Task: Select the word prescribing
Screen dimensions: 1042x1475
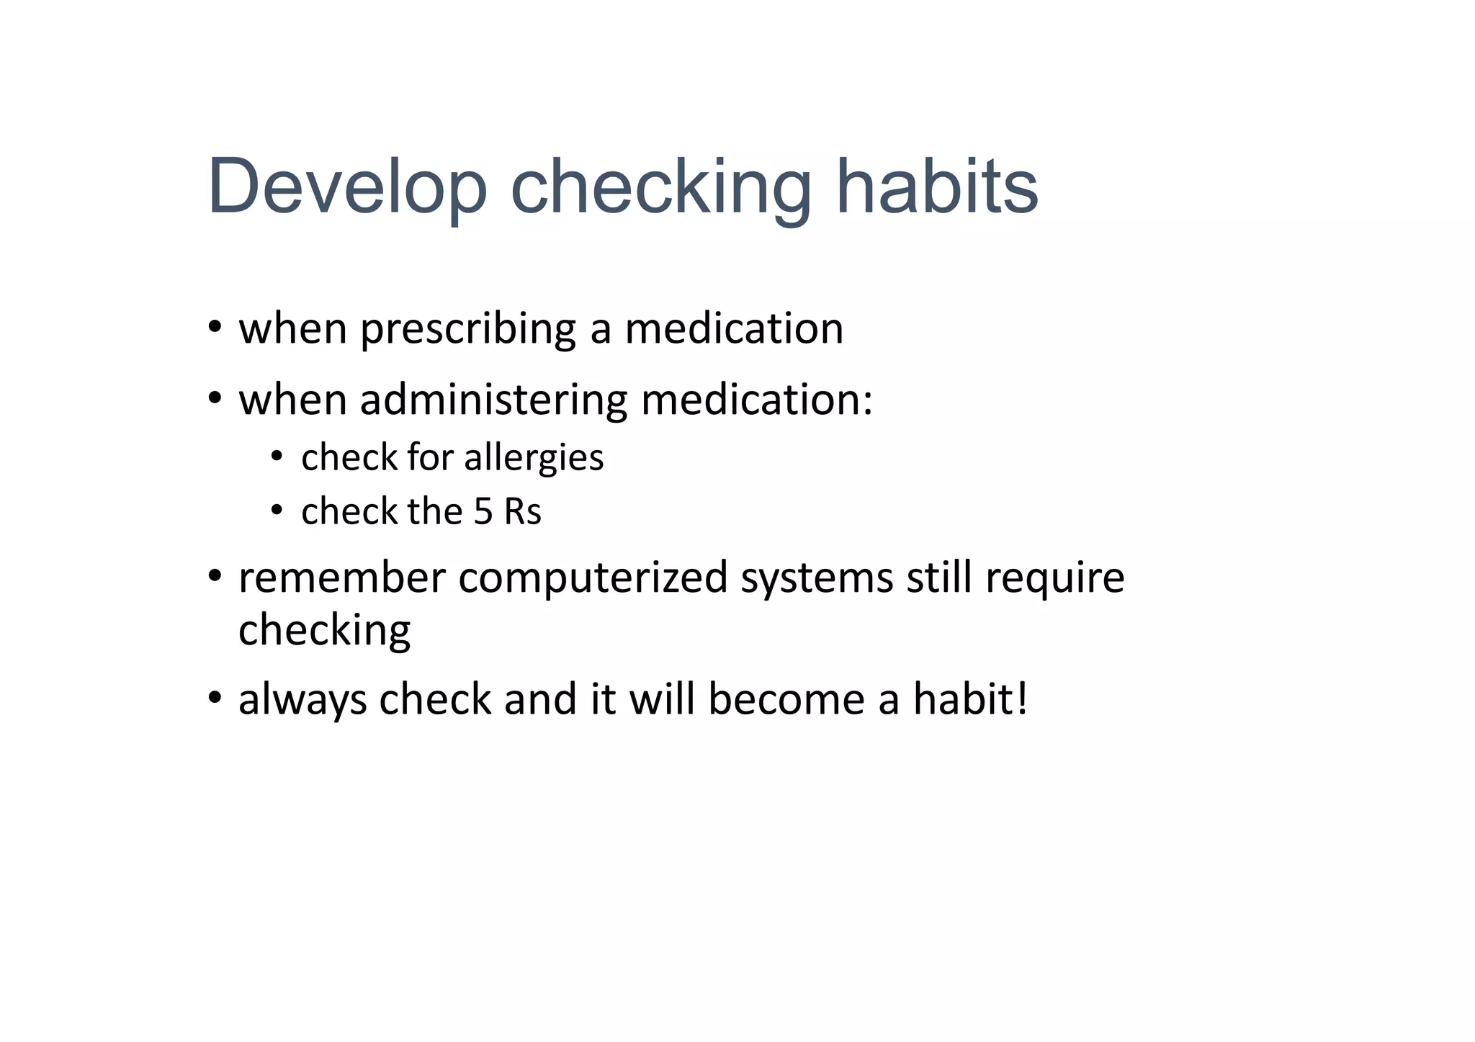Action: pos(468,329)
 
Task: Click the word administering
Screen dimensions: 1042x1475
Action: pos(493,400)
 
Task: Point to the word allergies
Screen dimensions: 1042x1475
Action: pos(534,458)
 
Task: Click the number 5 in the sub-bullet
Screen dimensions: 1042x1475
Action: pos(483,512)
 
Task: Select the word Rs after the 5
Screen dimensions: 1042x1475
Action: pos(522,512)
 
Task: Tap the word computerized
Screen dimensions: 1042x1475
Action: pos(593,578)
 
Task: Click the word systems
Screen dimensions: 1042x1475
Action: pos(817,578)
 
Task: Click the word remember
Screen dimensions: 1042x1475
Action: pos(342,578)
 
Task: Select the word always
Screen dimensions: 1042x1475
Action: pos(302,700)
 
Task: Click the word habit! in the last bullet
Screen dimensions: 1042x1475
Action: pos(970,700)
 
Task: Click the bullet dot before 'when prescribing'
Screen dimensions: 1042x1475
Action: pos(214,328)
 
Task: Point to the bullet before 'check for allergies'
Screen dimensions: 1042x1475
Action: pos(277,457)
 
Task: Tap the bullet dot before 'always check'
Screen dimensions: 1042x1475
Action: pos(214,699)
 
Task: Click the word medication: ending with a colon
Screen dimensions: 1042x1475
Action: pos(757,400)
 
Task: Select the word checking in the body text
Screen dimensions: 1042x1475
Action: pos(324,632)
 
